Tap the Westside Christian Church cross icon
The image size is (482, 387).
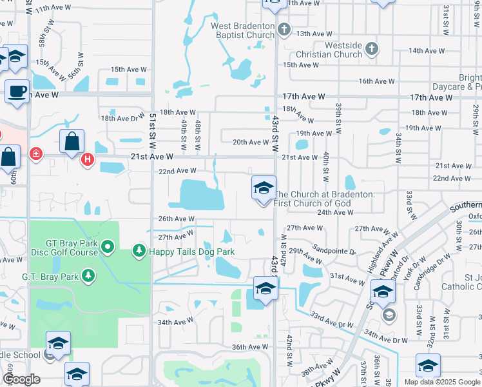371,48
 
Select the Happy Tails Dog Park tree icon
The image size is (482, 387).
138,250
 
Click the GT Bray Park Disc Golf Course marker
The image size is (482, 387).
108,246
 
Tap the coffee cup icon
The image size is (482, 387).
17,91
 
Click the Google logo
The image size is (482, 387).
21,379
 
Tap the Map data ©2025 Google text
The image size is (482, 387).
441,382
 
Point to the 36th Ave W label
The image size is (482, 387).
249,347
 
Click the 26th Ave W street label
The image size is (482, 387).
176,219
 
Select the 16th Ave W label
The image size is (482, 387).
376,81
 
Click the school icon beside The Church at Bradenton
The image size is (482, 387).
263,188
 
